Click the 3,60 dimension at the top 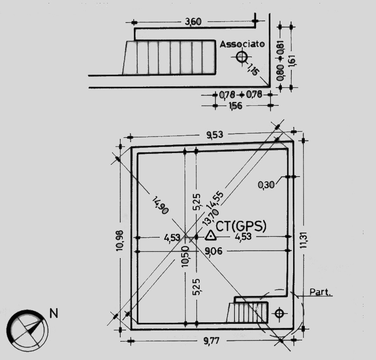193,22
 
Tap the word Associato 242,44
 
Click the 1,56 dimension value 235,106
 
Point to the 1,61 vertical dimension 292,60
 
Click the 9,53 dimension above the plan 215,135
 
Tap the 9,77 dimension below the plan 212,340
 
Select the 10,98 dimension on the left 119,240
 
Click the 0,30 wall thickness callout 266,185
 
